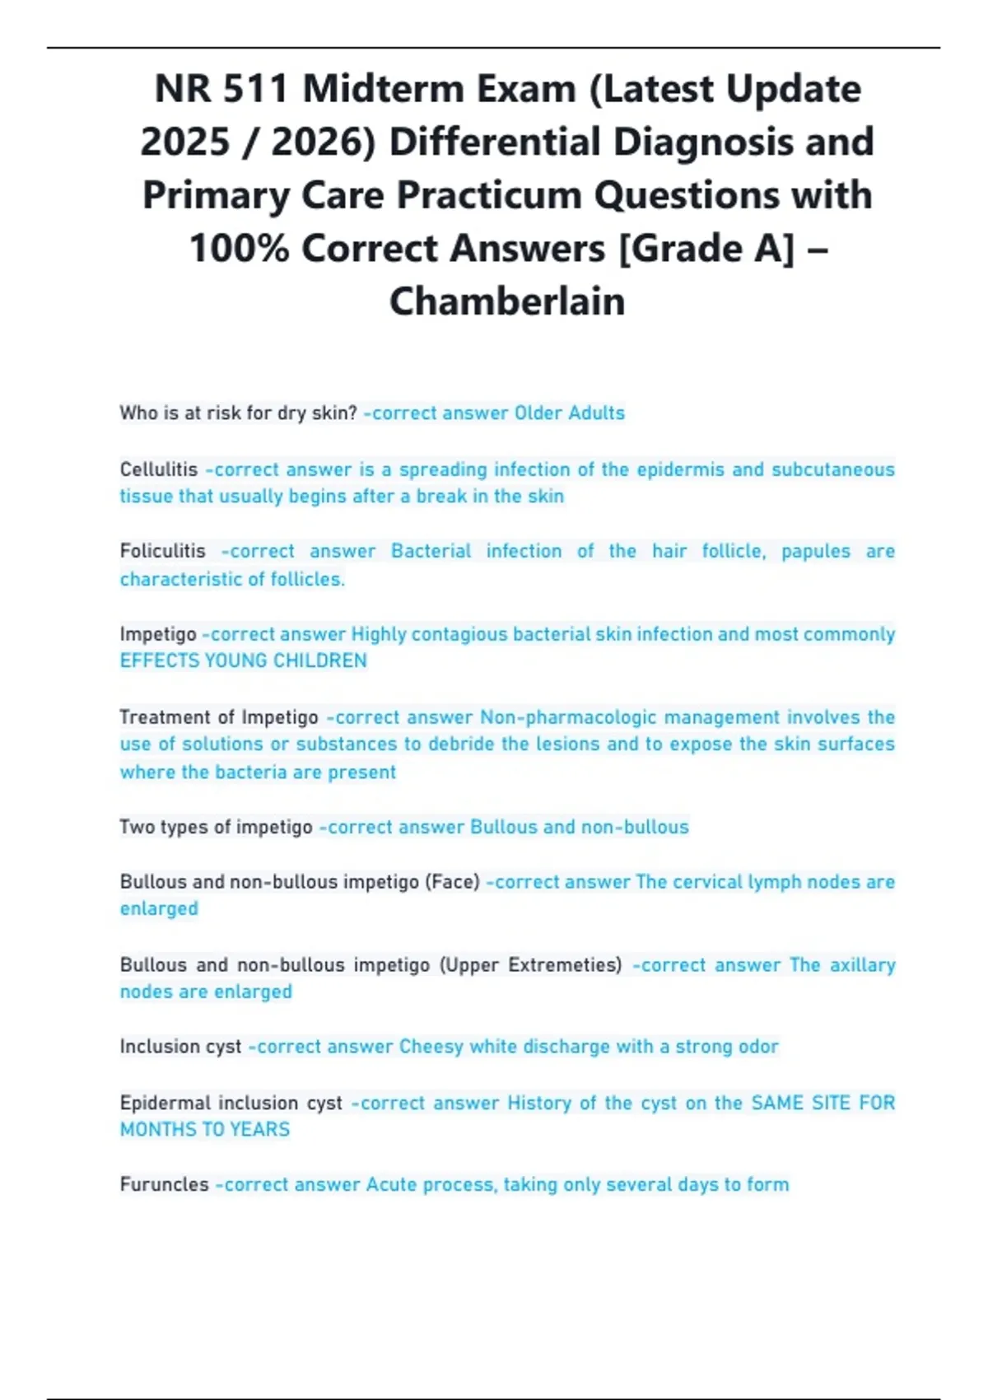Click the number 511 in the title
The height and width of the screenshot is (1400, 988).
tap(255, 89)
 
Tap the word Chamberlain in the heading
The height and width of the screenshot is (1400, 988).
tap(507, 301)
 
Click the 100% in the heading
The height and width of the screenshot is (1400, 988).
tap(239, 249)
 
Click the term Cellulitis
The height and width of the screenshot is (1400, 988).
tap(159, 469)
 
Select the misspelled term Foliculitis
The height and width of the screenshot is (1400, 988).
tap(162, 551)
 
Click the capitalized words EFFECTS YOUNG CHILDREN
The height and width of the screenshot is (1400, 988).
tap(244, 660)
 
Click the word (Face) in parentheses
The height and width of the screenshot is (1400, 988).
tap(452, 882)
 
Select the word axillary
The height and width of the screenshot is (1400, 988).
tap(862, 964)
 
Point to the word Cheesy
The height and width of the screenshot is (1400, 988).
tap(431, 1047)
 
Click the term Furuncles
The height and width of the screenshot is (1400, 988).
tap(165, 1184)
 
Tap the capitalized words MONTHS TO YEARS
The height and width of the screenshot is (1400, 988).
tap(205, 1129)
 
